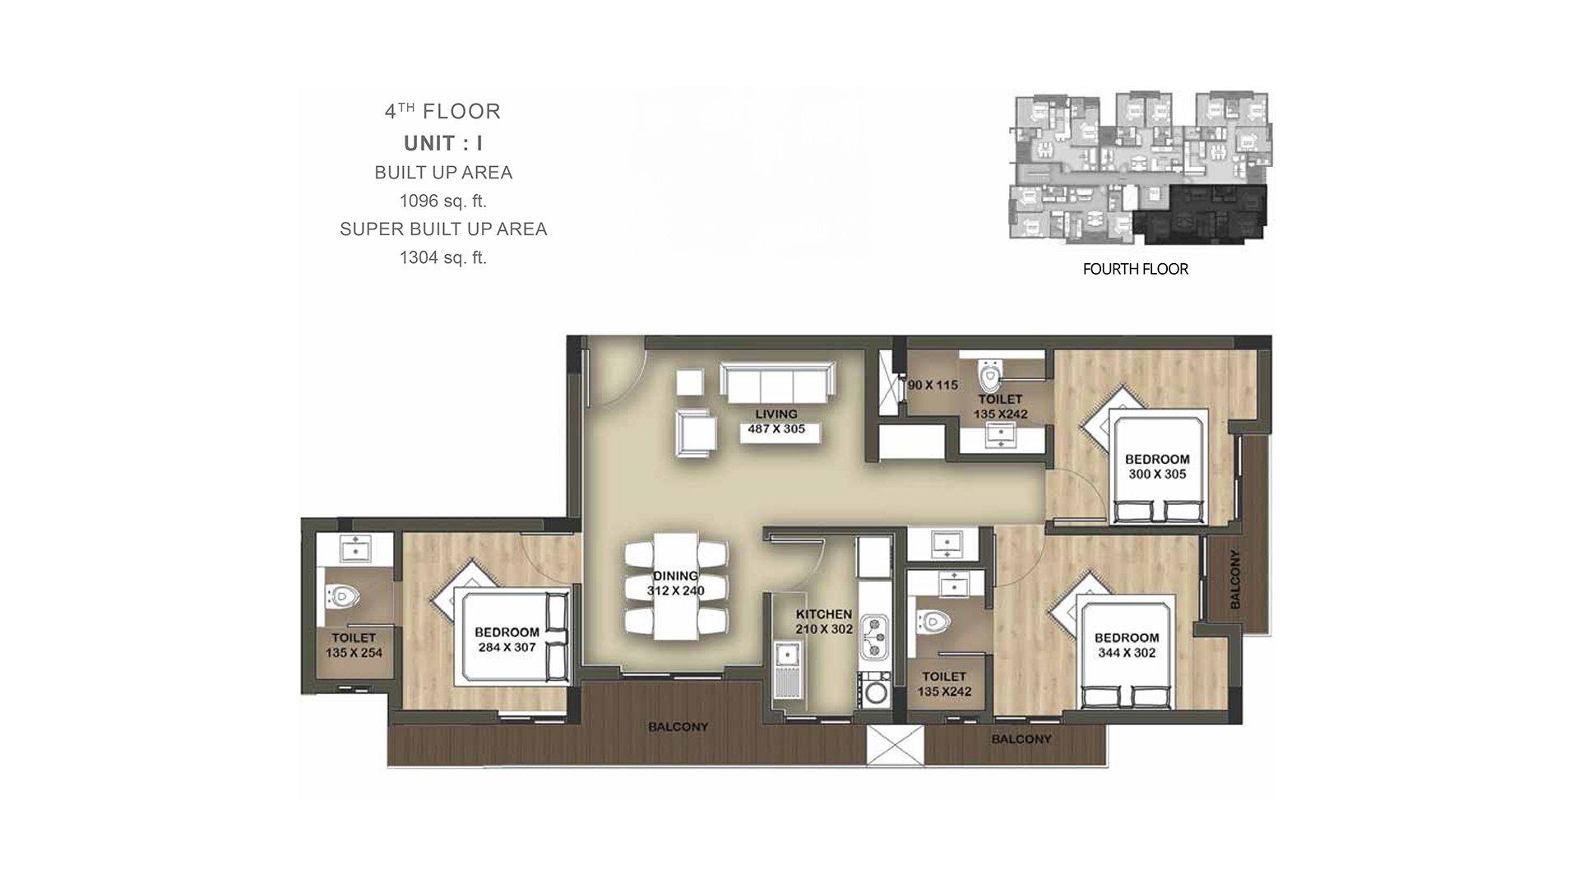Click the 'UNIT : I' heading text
443,144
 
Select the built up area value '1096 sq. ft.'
443,201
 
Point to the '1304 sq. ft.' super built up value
443,257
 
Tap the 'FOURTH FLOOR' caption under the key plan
1135,269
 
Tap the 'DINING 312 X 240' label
676,583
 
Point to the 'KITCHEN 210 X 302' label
823,622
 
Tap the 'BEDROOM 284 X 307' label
507,639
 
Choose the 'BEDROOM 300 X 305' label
1157,466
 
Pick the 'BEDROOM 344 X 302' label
1126,645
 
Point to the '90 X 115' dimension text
933,385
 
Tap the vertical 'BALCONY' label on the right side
1234,579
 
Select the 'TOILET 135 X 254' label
354,645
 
